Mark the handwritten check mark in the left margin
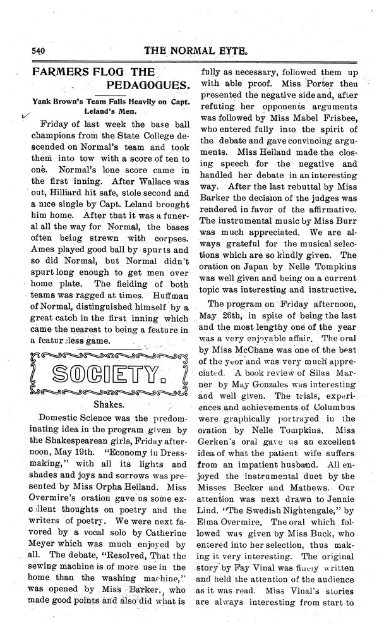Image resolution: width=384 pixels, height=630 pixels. pyautogui.click(x=25, y=116)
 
